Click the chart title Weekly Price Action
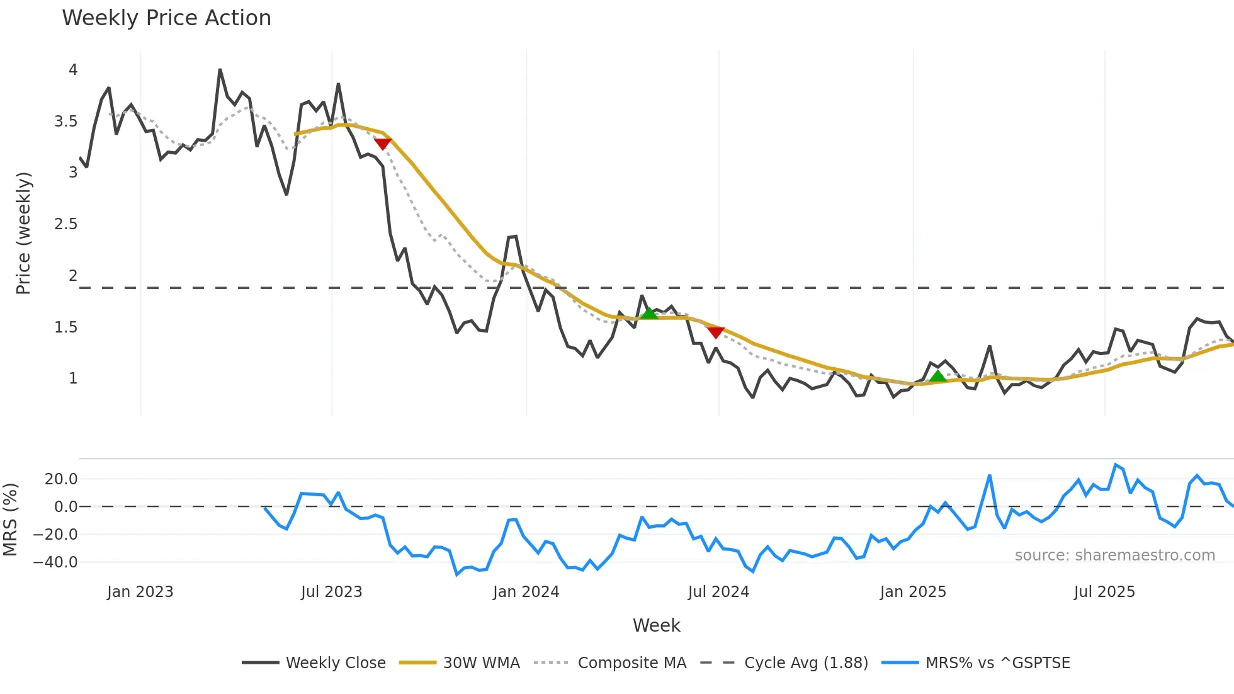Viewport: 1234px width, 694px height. coord(166,18)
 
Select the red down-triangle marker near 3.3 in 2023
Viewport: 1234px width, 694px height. coord(383,144)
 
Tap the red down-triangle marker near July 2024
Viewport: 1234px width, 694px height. coord(715,332)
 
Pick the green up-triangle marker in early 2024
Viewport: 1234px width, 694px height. coord(648,312)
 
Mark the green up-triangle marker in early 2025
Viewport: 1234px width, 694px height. coord(937,376)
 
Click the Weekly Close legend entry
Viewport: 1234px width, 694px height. coord(314,663)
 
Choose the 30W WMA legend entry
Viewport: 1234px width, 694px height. coord(460,663)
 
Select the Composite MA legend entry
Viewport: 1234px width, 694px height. coord(610,663)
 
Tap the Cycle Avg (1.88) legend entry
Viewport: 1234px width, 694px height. coord(784,663)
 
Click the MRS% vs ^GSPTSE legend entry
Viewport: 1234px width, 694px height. coord(976,663)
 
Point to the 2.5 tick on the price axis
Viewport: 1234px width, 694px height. coord(66,224)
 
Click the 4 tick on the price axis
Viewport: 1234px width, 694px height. coord(73,70)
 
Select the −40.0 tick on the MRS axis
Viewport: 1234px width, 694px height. coord(55,562)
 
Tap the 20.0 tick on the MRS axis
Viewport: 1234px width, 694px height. coord(61,479)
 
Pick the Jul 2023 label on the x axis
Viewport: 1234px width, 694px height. coord(331,592)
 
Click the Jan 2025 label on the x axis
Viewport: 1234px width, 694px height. coord(913,592)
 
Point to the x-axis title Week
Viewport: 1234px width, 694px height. coord(656,625)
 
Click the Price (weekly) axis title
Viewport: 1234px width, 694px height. coord(23,233)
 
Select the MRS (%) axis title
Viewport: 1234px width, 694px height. coord(10,520)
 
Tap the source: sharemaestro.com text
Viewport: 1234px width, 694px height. coord(1114,555)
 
